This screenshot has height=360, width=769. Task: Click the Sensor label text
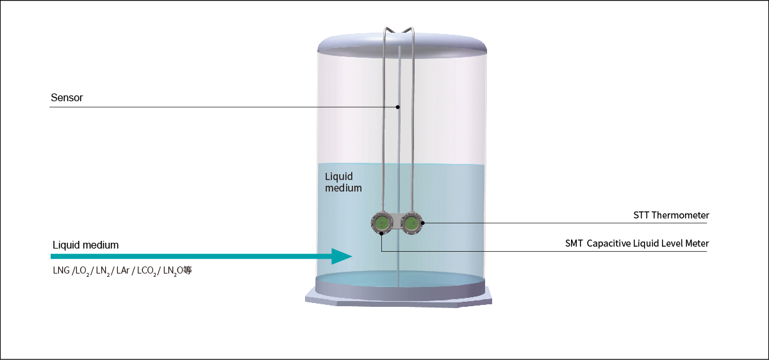(67, 98)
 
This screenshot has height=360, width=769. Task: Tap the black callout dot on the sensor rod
(398, 107)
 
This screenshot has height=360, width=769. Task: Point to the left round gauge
(382, 223)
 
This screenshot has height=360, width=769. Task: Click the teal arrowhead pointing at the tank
(341, 256)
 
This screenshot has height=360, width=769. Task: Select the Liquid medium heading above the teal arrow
(85, 245)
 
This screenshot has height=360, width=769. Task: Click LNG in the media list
(62, 271)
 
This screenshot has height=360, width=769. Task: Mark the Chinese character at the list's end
(188, 271)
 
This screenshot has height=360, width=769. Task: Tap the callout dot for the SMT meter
(381, 233)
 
